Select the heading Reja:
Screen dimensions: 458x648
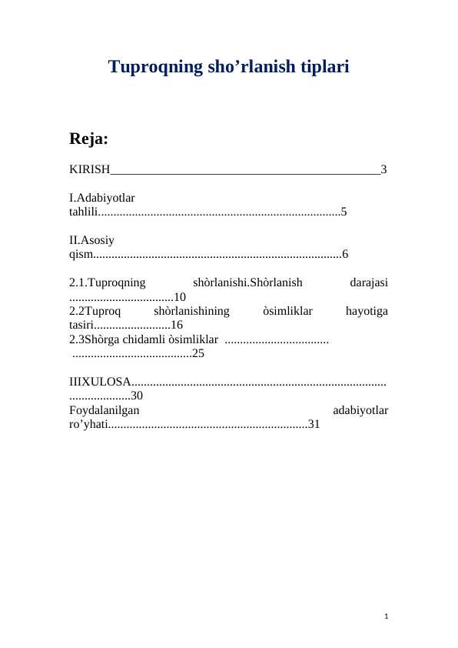click(x=88, y=139)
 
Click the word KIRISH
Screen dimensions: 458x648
click(x=90, y=169)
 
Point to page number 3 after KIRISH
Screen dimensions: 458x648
click(x=383, y=169)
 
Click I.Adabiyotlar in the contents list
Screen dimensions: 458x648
click(x=101, y=198)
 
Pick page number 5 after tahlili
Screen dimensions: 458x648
click(x=344, y=211)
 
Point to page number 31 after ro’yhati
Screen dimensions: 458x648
click(x=314, y=424)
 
